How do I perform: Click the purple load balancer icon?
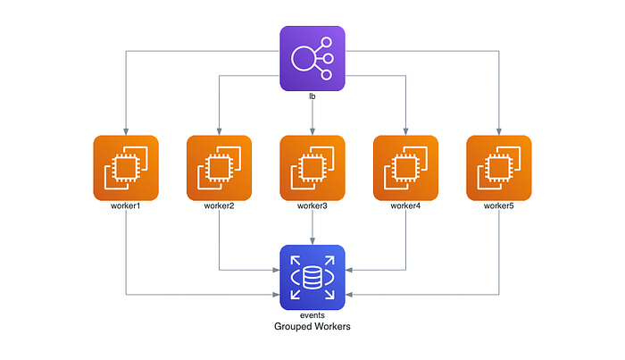312,59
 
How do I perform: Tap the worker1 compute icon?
126,168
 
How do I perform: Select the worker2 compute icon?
220,168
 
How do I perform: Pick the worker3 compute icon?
312,168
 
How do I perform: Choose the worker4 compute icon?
405,168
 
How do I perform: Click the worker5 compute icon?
499,168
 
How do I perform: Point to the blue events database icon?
312,278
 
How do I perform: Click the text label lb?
312,96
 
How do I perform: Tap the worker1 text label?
126,205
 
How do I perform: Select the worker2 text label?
220,205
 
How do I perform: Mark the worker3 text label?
312,205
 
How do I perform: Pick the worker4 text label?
405,205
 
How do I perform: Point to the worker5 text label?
499,205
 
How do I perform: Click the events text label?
312,315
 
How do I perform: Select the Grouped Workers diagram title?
312,327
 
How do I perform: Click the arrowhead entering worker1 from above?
126,132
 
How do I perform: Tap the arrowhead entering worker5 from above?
499,132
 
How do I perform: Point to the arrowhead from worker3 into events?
312,241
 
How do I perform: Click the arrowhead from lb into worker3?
312,132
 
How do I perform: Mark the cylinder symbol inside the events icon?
312,278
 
